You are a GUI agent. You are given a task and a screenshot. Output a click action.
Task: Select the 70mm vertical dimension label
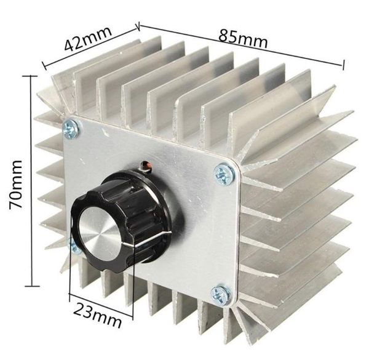(16, 185)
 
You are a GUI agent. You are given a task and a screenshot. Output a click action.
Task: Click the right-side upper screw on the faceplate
(224, 174)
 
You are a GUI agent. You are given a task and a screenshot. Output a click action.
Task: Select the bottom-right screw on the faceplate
(221, 295)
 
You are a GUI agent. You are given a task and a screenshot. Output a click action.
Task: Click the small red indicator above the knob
(146, 166)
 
